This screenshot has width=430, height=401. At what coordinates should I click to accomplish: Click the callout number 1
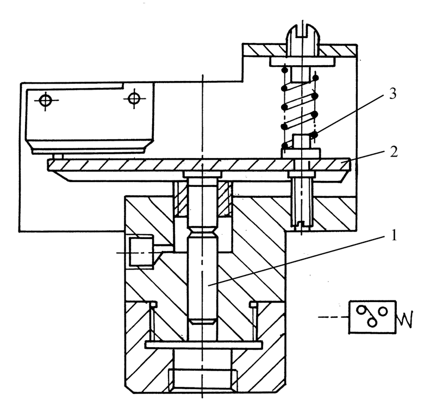[394, 235]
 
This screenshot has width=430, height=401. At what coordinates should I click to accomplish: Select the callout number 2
[394, 152]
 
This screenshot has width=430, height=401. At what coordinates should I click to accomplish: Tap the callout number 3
[392, 94]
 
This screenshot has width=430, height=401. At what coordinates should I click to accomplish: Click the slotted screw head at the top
[303, 36]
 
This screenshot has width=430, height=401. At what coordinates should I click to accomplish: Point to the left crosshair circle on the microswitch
[46, 100]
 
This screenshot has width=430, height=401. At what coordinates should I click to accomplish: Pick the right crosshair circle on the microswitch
[134, 98]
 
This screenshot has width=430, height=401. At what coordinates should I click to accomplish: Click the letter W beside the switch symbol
[404, 319]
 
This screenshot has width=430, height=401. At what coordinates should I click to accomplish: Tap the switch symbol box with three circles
[372, 317]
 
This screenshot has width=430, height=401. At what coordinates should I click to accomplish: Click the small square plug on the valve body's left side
[141, 252]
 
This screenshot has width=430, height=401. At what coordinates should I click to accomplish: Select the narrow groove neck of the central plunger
[202, 232]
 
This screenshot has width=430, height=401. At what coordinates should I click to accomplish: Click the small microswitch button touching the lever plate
[58, 156]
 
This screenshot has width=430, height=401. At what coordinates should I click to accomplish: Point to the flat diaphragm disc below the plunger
[203, 345]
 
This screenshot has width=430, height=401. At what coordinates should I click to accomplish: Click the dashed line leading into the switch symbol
[333, 317]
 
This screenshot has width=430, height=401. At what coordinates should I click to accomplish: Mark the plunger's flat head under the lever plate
[202, 174]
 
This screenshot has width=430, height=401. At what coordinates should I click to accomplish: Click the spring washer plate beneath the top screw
[302, 61]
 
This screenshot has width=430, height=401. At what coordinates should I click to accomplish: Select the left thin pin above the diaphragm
[152, 321]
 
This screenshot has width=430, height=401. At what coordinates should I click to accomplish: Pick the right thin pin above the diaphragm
[254, 321]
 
